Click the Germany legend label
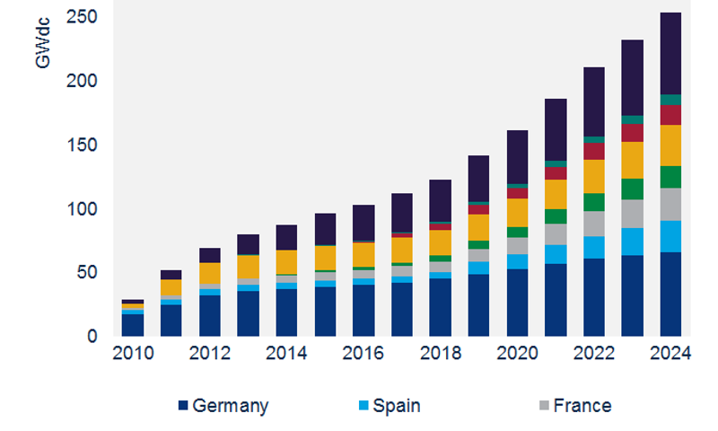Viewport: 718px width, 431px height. point(230,406)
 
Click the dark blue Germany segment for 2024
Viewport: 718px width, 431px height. point(670,295)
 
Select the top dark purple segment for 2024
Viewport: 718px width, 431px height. point(670,54)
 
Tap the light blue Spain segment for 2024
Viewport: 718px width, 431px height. point(670,236)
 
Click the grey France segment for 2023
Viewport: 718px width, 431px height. point(632,214)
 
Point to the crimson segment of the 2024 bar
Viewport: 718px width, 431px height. point(670,115)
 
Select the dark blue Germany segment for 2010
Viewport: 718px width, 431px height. point(133,325)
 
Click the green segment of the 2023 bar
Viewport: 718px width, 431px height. point(632,189)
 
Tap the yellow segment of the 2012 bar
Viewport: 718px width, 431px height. point(210,273)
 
